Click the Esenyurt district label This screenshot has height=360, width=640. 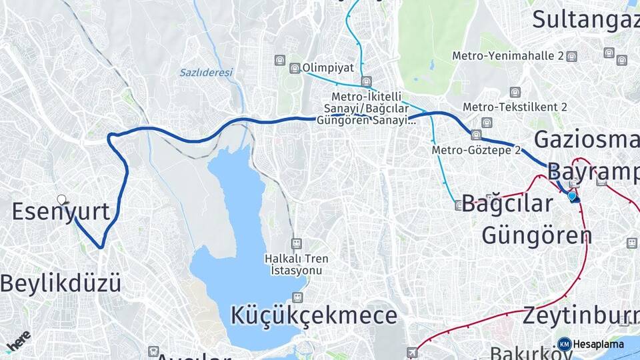(61, 212)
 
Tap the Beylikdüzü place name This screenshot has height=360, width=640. (61, 283)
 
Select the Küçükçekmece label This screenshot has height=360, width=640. (314, 314)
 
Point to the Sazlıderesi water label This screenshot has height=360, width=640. (206, 72)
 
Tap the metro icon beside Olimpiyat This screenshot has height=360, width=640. (295, 68)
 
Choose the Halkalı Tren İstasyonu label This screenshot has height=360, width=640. (296, 264)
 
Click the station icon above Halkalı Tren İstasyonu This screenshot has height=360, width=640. (297, 244)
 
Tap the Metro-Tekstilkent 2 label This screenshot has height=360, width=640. (515, 107)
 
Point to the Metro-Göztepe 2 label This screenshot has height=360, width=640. (476, 150)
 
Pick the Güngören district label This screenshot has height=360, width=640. (537, 235)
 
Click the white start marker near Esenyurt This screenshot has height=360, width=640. (62, 199)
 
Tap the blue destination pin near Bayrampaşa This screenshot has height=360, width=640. (572, 196)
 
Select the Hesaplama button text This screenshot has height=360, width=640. (599, 344)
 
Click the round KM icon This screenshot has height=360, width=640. (564, 344)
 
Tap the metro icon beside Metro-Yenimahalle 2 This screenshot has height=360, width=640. (571, 57)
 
